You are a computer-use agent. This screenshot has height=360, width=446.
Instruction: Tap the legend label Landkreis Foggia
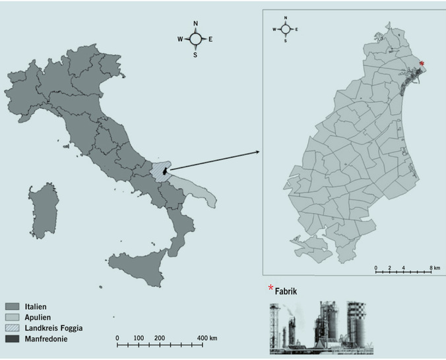click(56, 328)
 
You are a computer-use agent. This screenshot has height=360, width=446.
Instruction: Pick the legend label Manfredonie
click(47, 338)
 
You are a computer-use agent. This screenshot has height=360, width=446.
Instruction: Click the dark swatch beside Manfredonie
click(13, 338)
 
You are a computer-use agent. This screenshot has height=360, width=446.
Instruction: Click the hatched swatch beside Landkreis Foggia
click(13, 328)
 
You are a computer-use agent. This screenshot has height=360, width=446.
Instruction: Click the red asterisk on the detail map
click(422, 64)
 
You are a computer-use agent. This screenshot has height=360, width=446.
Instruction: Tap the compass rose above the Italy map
click(195, 40)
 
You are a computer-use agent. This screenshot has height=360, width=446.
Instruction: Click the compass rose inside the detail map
click(286, 29)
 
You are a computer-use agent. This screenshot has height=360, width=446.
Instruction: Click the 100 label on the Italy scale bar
click(139, 338)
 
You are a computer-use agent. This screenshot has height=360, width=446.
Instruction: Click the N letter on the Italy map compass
click(195, 24)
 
